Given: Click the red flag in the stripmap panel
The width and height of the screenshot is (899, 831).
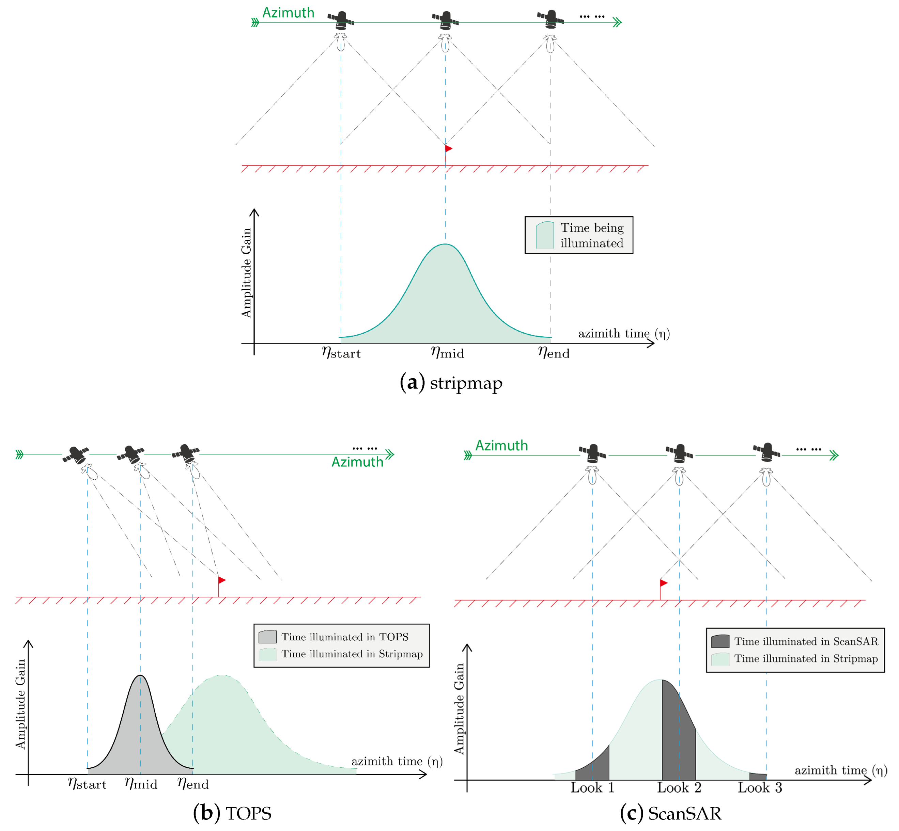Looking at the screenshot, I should (448, 149).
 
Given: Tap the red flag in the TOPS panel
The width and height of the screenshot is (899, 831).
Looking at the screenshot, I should (221, 580).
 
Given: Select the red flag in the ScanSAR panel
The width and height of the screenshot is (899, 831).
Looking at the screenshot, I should (663, 583).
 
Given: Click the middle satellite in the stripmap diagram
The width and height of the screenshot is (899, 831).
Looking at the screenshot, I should (446, 20).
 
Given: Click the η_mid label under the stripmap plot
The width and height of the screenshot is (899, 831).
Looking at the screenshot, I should (447, 352).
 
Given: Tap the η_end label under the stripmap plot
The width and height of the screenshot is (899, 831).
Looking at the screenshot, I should (554, 352).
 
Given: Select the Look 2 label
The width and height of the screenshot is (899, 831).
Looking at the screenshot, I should (679, 787).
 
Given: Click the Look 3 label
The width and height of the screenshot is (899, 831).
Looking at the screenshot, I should (760, 787).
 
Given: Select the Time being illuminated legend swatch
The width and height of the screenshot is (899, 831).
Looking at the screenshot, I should (544, 235).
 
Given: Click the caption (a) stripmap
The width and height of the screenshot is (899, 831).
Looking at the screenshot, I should (451, 383).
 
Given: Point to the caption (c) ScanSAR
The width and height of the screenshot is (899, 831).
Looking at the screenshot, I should (670, 813).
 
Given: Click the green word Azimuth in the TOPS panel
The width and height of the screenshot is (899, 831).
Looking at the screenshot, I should (357, 462).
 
